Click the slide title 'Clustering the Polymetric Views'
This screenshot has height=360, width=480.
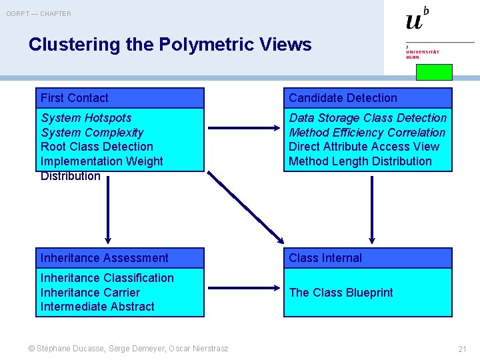[170, 45]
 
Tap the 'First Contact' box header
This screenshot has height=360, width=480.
[120, 98]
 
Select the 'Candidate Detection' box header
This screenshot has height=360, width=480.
[368, 98]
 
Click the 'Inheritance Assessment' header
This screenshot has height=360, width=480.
[120, 258]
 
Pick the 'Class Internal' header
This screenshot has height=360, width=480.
[368, 258]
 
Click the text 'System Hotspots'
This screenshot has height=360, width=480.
[86, 118]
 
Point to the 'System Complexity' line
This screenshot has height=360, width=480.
[92, 133]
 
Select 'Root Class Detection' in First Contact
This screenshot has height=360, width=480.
[97, 147]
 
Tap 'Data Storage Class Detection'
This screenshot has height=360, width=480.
[367, 118]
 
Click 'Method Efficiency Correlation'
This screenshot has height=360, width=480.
[367, 133]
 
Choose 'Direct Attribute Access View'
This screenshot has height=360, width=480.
[364, 147]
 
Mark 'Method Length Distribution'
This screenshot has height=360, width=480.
[360, 161]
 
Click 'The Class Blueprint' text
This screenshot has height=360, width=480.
[341, 293]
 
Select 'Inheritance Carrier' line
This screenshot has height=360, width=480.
[90, 293]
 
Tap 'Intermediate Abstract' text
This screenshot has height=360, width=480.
[97, 307]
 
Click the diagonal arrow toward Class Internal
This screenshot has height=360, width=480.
[246, 207]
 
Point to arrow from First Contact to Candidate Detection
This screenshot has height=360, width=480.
[244, 128]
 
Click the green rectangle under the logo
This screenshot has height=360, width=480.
[434, 72]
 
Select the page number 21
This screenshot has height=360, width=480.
[462, 349]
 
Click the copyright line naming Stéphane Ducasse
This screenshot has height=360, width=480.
[128, 349]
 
